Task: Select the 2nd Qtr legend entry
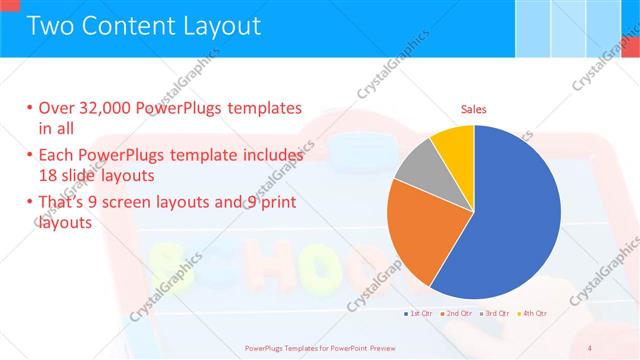pyautogui.click(x=456, y=314)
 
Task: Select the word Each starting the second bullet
pyautogui.click(x=57, y=156)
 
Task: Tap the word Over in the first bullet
pyautogui.click(x=58, y=108)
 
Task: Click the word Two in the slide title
pyautogui.click(x=50, y=26)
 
